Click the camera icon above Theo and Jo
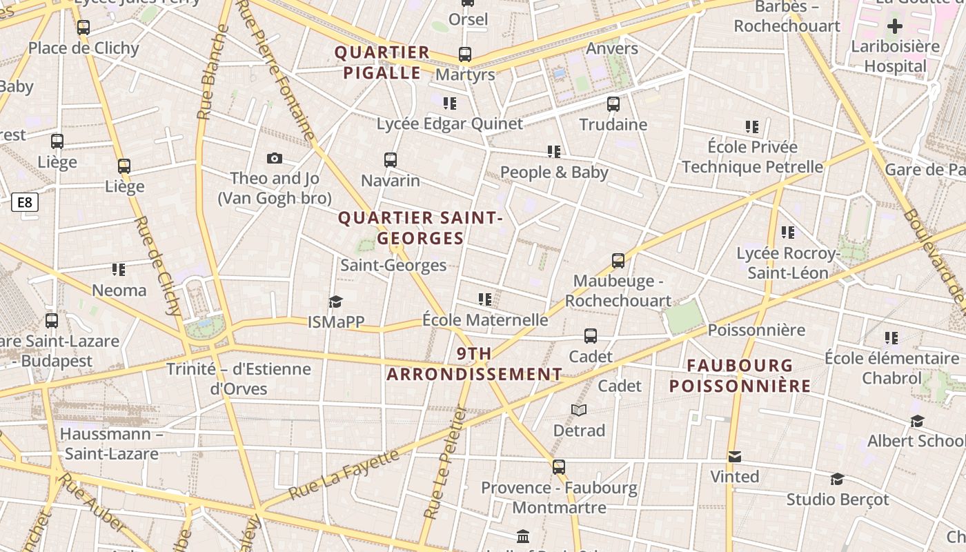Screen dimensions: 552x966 pos(275,159)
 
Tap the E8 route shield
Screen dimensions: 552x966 pos(25,202)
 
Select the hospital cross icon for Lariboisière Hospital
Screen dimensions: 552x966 pos(895,27)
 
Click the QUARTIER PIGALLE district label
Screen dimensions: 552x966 pos(382,63)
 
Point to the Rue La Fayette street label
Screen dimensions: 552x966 pos(344,475)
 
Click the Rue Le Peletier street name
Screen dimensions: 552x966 pos(444,461)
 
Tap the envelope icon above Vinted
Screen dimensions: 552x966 pos(734,457)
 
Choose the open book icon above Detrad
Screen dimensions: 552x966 pos(579,411)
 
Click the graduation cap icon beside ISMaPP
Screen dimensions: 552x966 pos(335,302)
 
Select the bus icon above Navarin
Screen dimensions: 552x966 pos(391,160)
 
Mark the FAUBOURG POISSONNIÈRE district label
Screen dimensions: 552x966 pos(740,375)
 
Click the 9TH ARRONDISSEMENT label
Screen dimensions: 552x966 pos(474,364)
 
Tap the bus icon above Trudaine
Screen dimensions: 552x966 pos(613,104)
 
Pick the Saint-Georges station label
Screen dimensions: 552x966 pos(393,265)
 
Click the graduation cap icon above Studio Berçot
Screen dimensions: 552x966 pos(837,479)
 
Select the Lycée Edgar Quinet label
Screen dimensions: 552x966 pos(450,124)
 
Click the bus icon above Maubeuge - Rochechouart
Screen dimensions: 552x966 pos(618,261)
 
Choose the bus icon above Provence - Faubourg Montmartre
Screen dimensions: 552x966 pos(559,467)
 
